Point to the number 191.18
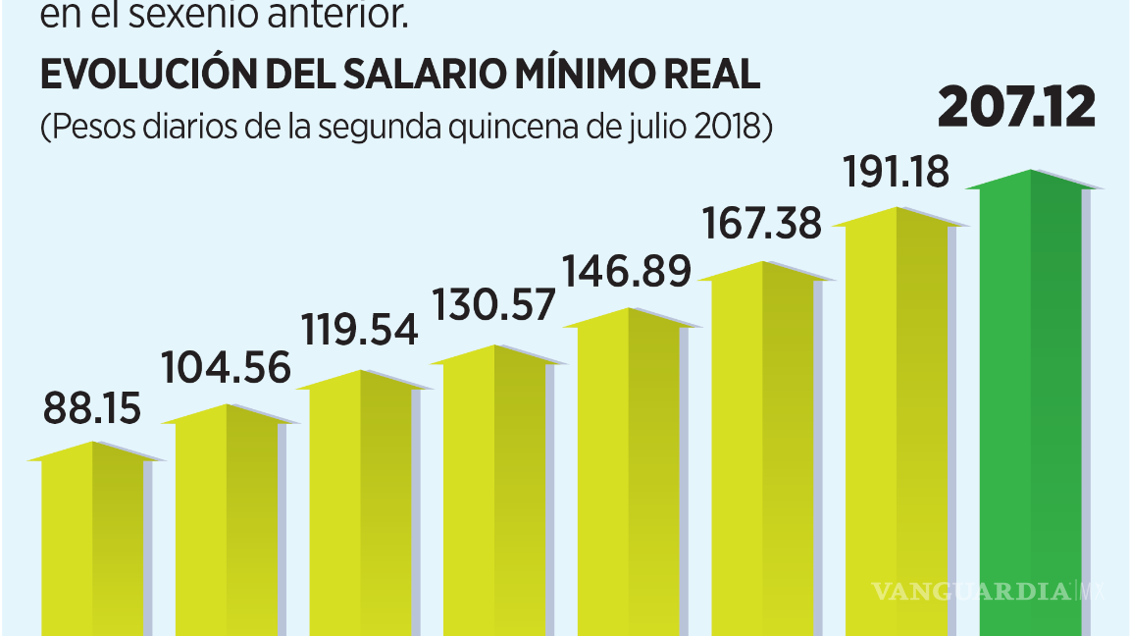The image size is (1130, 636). pyautogui.click(x=897, y=173)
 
